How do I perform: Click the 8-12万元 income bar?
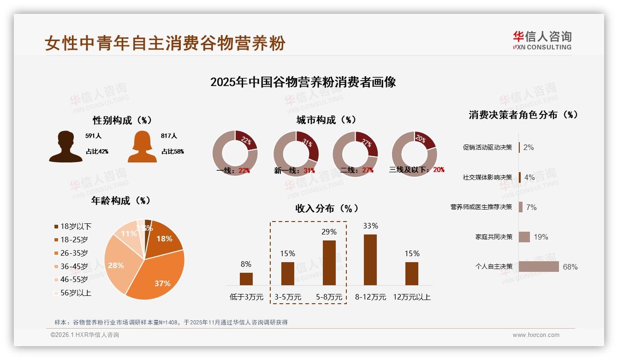point(370,259)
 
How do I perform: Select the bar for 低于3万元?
point(246,279)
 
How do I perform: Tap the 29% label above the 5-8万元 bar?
point(329,232)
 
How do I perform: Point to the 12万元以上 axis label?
point(411,297)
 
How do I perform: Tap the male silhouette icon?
point(65,147)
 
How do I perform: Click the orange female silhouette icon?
point(142,147)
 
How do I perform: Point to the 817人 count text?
point(169,136)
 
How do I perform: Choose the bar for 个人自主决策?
point(539,266)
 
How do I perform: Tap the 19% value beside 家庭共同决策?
point(541,237)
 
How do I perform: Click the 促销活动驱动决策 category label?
point(487,148)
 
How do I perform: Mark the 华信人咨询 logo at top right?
point(542,40)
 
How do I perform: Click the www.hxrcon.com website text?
point(535,335)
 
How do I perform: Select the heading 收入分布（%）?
point(327,209)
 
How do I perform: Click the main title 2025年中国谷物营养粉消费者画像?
point(303,82)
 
